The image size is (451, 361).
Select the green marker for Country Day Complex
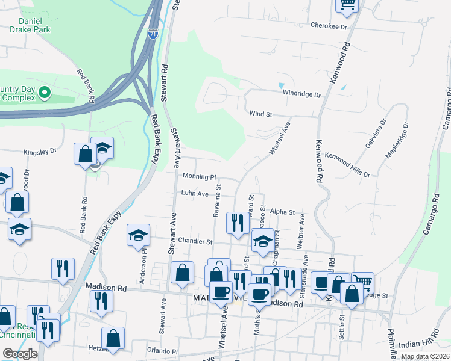pyautogui.click(x=43, y=93)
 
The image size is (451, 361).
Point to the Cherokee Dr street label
pyautogui.click(x=330, y=26)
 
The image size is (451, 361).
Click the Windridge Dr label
pyautogui.click(x=301, y=94)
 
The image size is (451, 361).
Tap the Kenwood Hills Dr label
pyautogui.click(x=347, y=164)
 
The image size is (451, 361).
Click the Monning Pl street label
pyautogui.click(x=198, y=177)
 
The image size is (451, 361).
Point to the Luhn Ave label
pyautogui.click(x=195, y=194)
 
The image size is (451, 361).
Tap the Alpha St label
pyautogui.click(x=282, y=212)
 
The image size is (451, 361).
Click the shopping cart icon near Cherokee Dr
pyautogui.click(x=347, y=4)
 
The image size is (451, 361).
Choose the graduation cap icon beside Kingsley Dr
pyautogui.click(x=102, y=149)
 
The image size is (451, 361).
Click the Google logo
pyautogui.click(x=19, y=354)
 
